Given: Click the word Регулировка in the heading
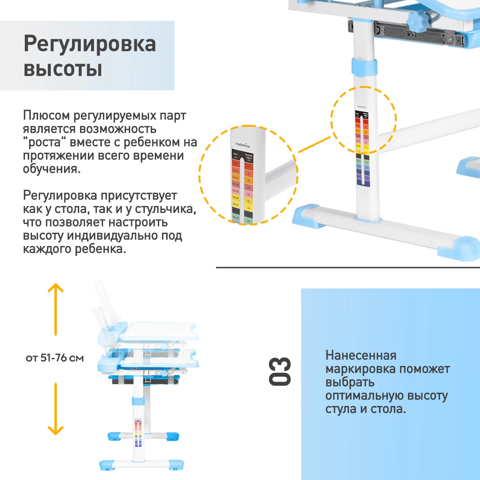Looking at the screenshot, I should click(x=90, y=44).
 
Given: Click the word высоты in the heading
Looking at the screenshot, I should click(x=63, y=69).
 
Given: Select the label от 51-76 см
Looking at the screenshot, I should click(x=55, y=358).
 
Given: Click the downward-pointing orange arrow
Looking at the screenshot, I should click(x=56, y=408).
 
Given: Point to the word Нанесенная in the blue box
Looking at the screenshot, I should click(x=361, y=355).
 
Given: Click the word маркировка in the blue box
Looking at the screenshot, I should click(x=360, y=369).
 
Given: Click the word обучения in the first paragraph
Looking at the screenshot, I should click(x=51, y=169).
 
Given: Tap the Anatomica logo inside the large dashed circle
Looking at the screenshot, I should click(x=242, y=144).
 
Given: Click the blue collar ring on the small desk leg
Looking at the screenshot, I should click(x=138, y=402).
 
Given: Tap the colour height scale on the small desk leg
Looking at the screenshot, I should click(x=138, y=434).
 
